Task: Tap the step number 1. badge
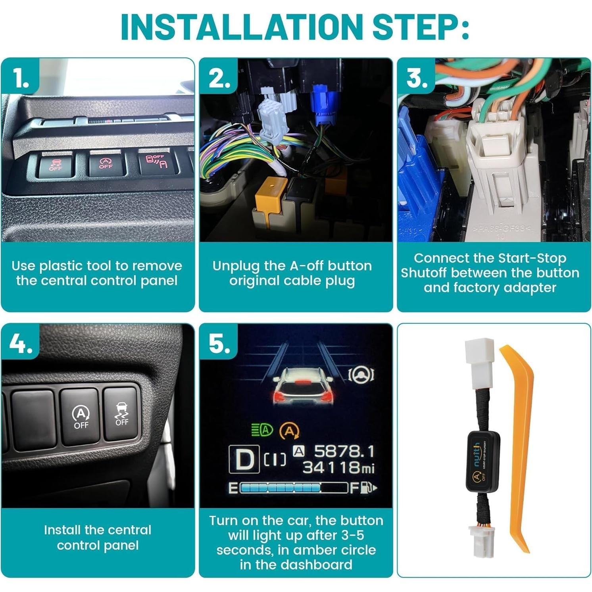[21, 77]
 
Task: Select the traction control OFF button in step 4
[121, 414]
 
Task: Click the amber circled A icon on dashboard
[290, 431]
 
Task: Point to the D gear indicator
[244, 459]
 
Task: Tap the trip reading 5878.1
[344, 451]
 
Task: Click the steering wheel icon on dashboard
[361, 374]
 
